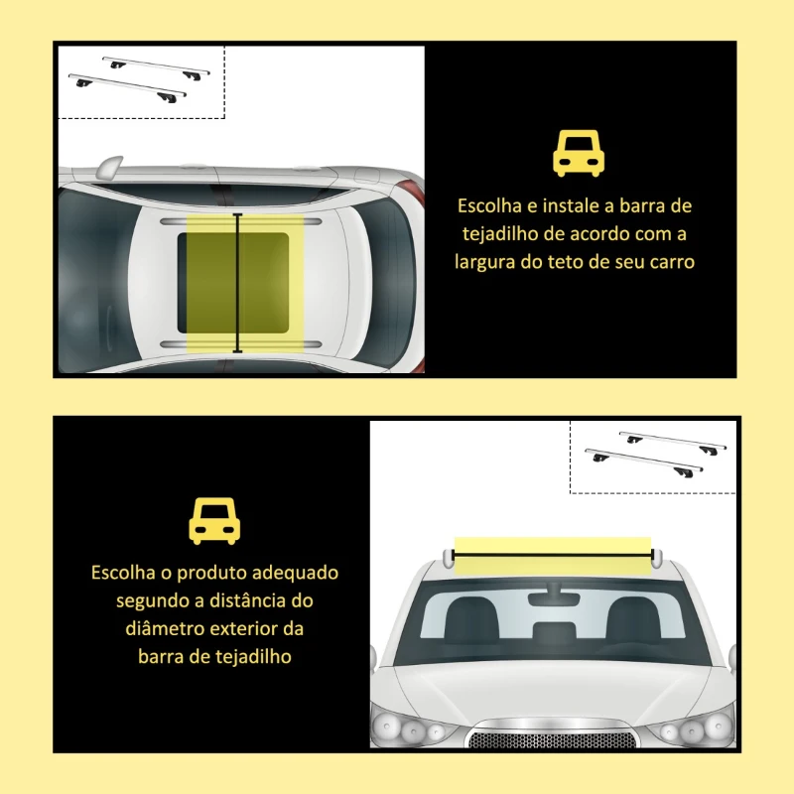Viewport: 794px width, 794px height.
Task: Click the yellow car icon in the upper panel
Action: point(579,154)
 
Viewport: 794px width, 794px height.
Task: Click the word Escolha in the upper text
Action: point(488,206)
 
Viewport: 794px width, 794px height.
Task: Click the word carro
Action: point(669,263)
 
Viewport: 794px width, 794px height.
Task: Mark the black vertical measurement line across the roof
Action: point(238,283)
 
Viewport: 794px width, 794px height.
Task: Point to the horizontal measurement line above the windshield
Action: point(553,554)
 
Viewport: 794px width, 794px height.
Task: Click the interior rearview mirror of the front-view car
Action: point(555,598)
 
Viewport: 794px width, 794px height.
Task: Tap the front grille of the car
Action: point(552,737)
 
